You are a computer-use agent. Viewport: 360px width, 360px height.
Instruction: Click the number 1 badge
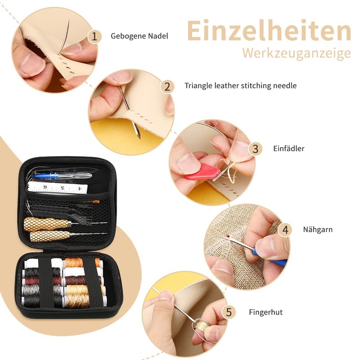pos(94,36)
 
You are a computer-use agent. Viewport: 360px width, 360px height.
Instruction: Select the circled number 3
pos(256,148)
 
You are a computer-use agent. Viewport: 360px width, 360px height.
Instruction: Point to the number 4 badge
pos(284,229)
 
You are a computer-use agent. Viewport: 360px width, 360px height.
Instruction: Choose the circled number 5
pos(229,312)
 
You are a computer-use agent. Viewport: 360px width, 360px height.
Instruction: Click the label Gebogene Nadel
pos(139,36)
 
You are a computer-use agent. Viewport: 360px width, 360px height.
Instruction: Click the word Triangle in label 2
pos(198,85)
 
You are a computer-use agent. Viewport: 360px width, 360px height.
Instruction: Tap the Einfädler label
pos(288,148)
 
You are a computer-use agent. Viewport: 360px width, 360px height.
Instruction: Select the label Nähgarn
pos(318,229)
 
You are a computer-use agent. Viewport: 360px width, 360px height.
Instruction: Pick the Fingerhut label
pos(265,312)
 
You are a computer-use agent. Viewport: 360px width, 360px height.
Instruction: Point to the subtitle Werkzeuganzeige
pos(296,53)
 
